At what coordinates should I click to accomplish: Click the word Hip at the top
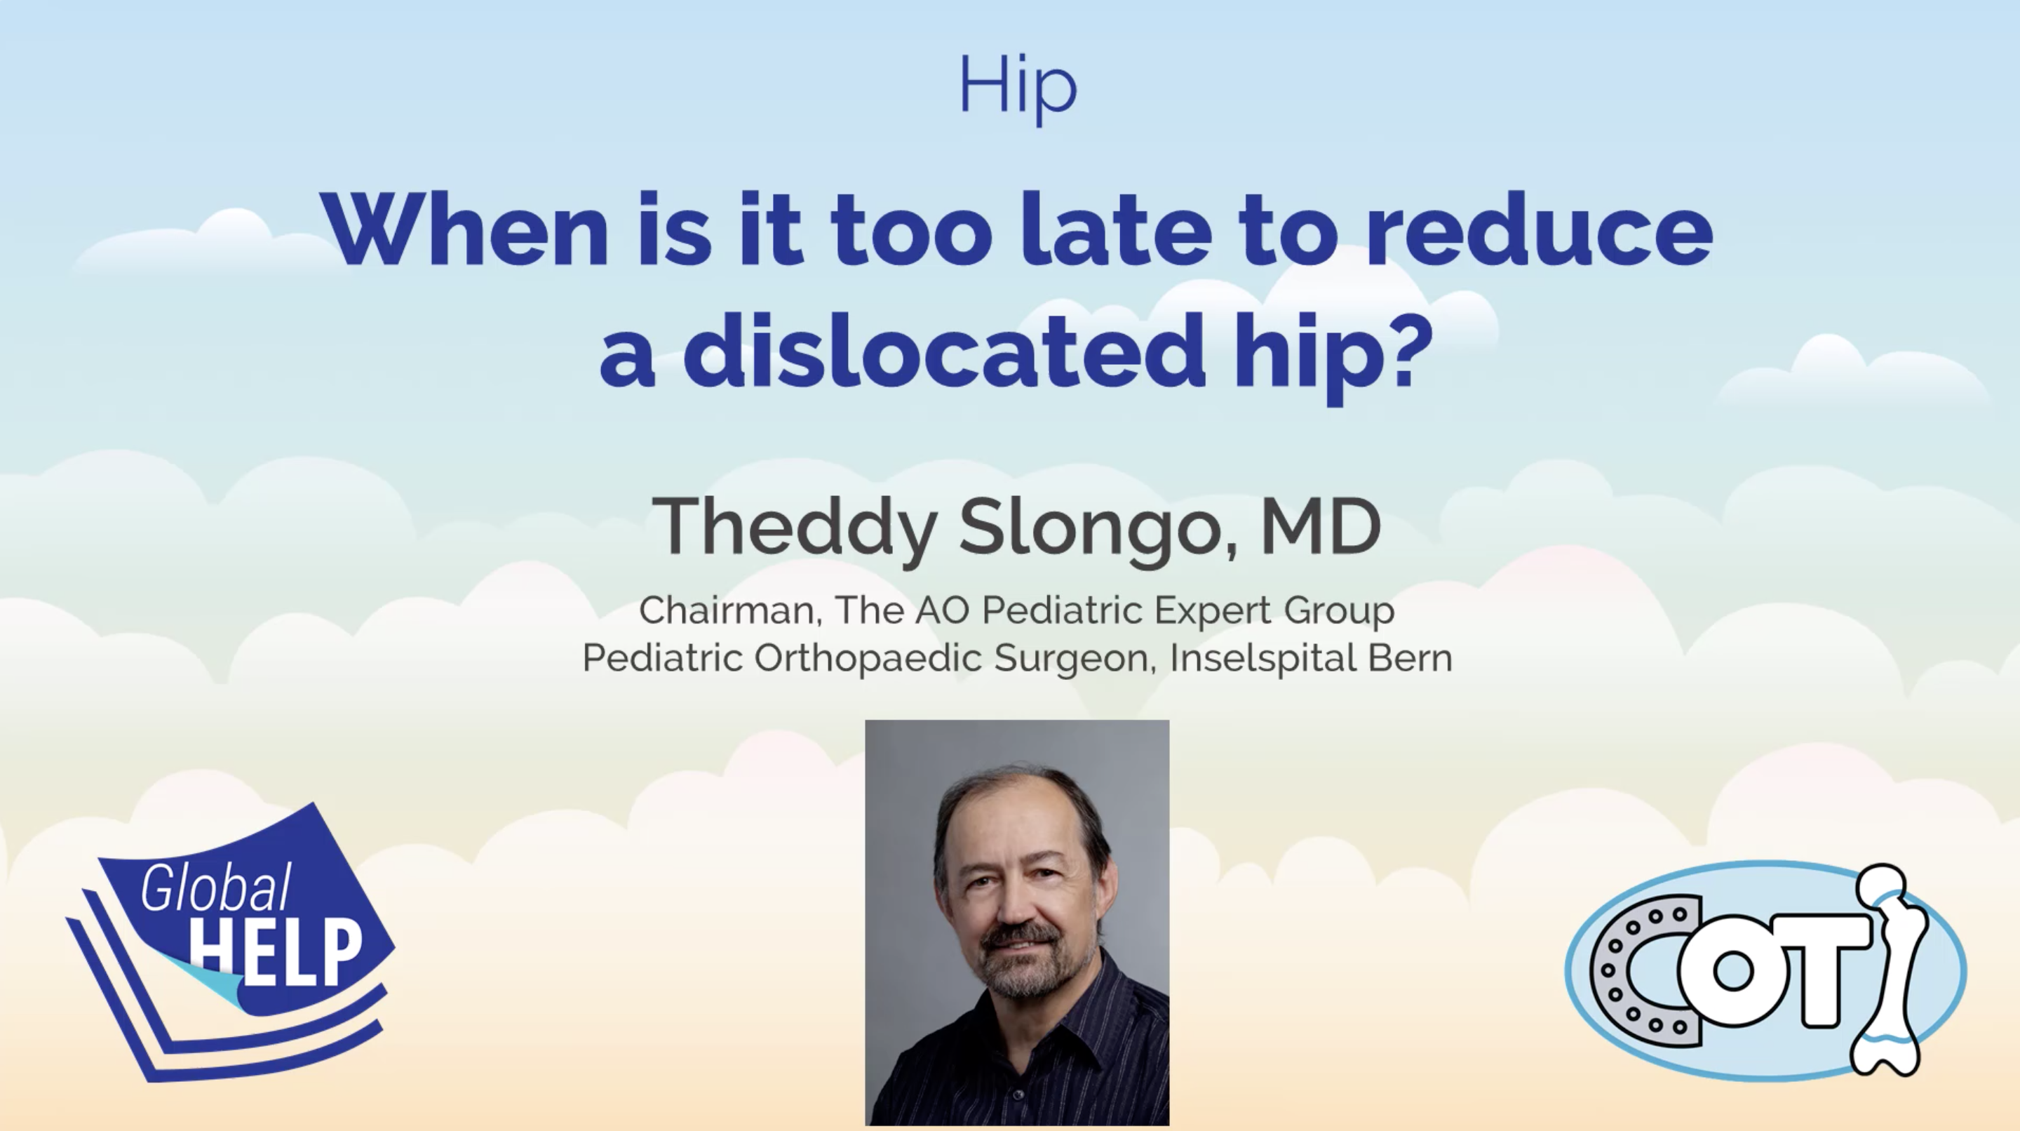click(1018, 88)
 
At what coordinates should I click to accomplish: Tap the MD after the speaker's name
click(1321, 526)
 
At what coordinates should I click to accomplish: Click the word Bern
click(1410, 657)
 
